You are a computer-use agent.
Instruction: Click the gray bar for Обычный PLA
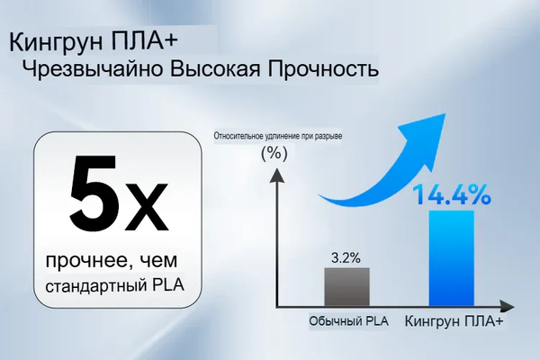(346, 287)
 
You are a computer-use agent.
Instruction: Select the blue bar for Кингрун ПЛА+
(450, 259)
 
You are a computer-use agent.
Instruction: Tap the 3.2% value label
(346, 257)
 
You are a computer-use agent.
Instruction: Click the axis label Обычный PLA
(342, 320)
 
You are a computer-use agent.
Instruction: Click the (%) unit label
(272, 153)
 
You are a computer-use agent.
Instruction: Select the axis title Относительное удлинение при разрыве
(278, 136)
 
